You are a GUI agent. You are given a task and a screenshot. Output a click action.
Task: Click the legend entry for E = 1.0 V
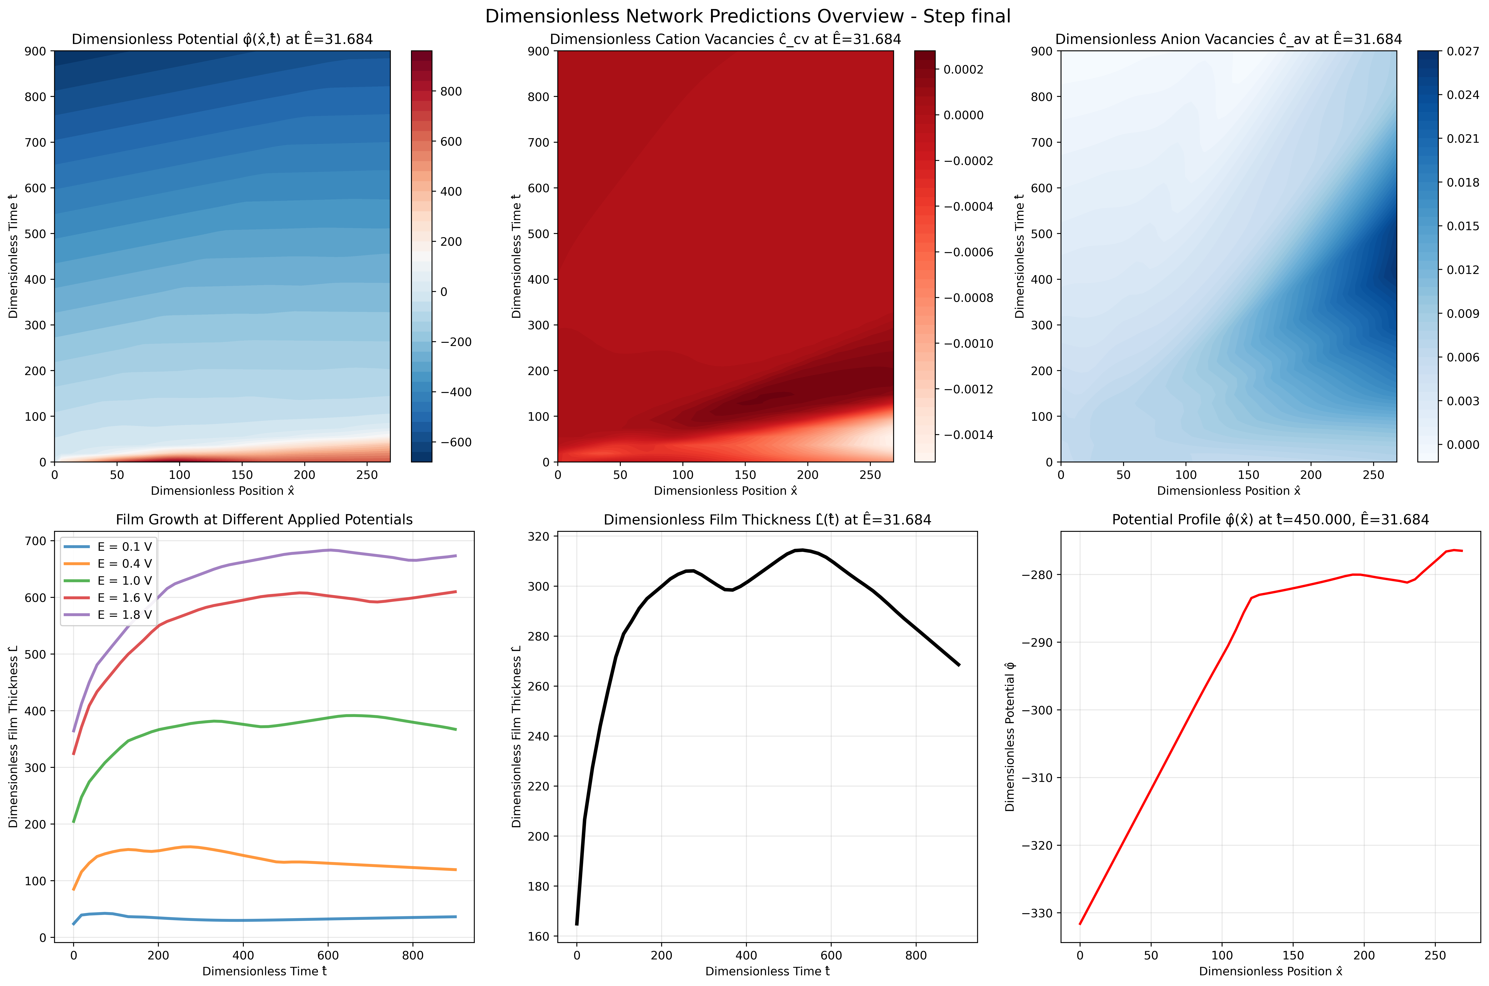[x=124, y=580]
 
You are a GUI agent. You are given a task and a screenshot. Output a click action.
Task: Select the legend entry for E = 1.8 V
[x=124, y=614]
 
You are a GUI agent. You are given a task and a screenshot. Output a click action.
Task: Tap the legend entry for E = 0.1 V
[x=124, y=546]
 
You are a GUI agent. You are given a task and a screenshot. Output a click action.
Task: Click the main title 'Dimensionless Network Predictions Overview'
[x=747, y=16]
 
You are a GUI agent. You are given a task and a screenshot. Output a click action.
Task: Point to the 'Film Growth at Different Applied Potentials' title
[x=264, y=519]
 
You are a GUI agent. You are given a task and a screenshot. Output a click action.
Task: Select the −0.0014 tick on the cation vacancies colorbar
[x=968, y=435]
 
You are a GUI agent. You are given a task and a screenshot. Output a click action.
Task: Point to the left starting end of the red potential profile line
[x=1080, y=924]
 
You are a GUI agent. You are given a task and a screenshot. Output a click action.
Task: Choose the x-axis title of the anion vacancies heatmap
[x=1229, y=490]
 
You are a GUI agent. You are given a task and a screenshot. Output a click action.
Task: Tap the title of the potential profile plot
[x=1270, y=519]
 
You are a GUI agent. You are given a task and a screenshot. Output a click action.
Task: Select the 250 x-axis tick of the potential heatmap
[x=367, y=475]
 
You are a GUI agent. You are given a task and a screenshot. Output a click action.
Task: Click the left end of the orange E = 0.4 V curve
[x=74, y=890]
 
